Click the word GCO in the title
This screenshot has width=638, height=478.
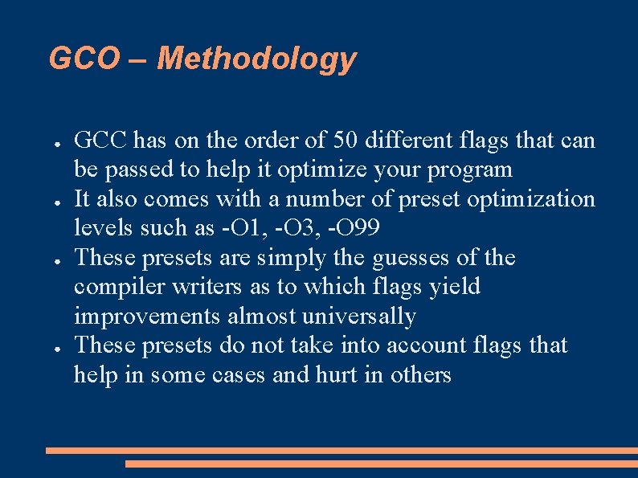click(83, 59)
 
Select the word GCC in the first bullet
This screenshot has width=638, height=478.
click(100, 141)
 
